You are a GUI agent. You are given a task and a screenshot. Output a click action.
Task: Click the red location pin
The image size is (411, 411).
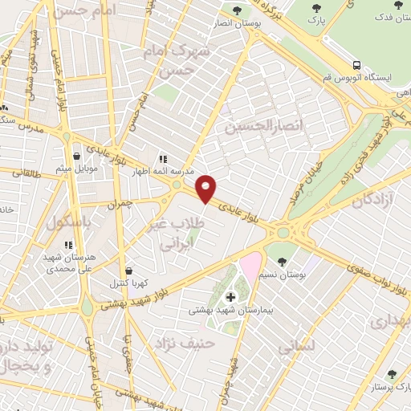pyautogui.click(x=206, y=188)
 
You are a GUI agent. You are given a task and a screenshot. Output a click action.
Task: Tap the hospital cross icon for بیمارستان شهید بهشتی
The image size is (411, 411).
pyautogui.click(x=231, y=297)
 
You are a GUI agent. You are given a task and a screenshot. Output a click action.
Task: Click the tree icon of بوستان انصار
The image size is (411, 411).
pyautogui.click(x=237, y=10)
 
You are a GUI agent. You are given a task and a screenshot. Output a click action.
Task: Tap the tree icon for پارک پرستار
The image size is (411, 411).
pyautogui.click(x=392, y=374)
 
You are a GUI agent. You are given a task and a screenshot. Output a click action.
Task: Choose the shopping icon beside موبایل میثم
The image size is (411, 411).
pyautogui.click(x=76, y=156)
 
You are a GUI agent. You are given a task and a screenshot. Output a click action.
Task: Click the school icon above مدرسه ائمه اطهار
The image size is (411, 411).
pyautogui.click(x=163, y=160)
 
